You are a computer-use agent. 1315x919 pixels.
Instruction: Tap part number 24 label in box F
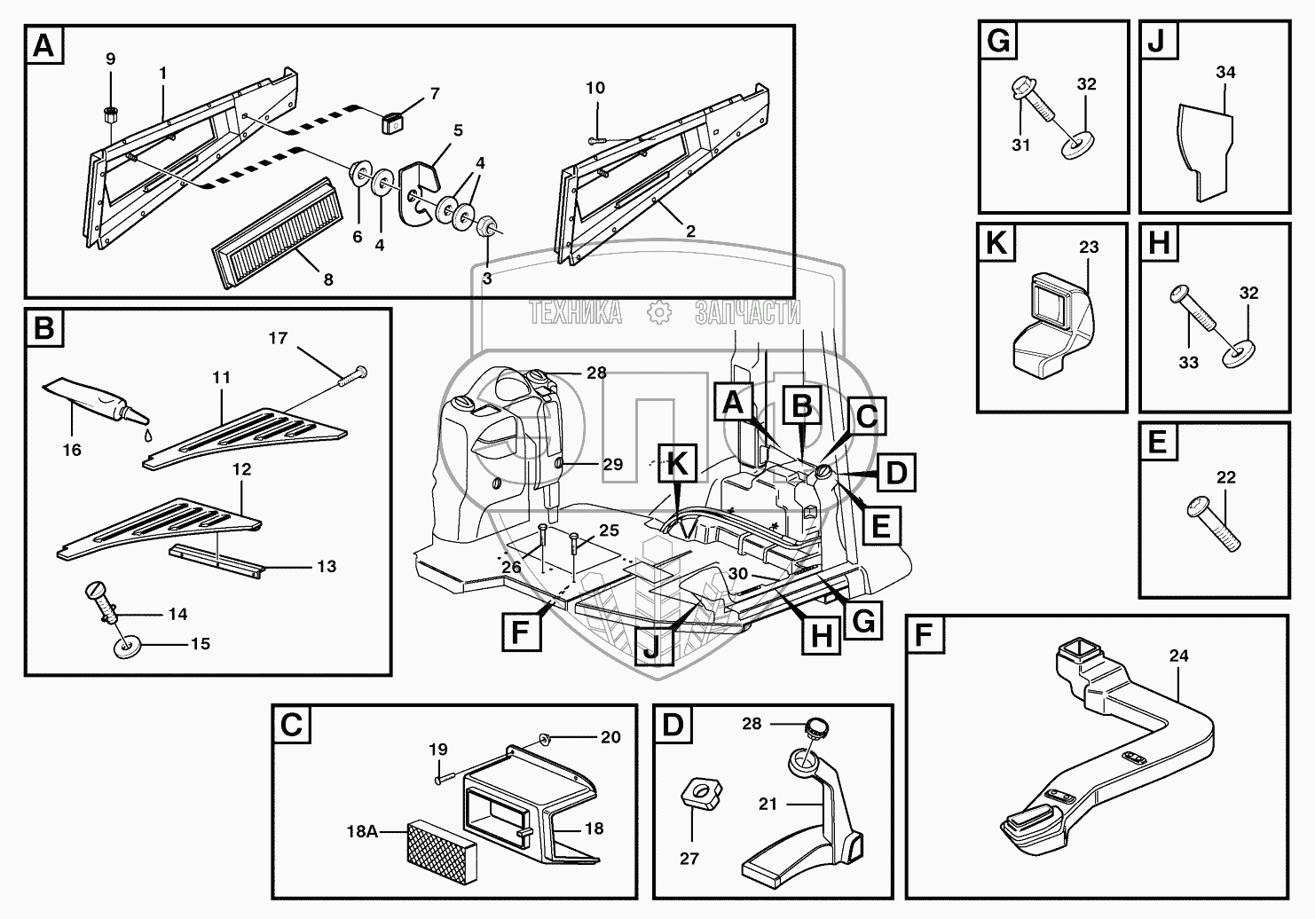pos(1178,657)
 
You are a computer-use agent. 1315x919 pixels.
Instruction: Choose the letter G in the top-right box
pos(998,43)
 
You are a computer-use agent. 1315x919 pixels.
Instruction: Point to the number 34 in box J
pos(1225,73)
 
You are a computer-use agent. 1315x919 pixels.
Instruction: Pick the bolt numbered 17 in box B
pos(350,376)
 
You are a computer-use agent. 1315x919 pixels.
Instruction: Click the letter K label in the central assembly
pos(677,463)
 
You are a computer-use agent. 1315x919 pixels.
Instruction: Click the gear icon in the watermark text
pos(657,312)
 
